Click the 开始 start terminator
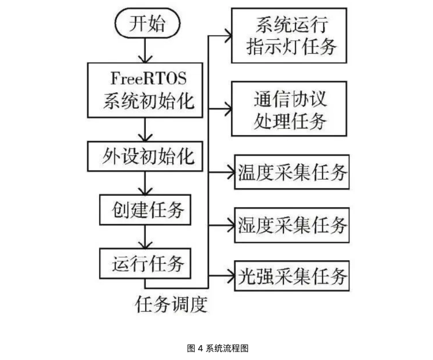tap(146, 24)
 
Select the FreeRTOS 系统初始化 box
tap(145, 90)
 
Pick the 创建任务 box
tap(145, 209)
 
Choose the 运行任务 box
tap(145, 264)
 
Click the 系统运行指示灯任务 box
tap(289, 36)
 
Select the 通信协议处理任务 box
tap(289, 109)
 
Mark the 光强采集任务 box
tap(292, 276)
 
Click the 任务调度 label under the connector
tap(172, 305)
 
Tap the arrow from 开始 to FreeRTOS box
tap(145, 51)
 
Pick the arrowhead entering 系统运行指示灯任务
tap(227, 36)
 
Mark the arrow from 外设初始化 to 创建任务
tap(145, 183)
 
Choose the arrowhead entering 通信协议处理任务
tap(227, 109)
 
